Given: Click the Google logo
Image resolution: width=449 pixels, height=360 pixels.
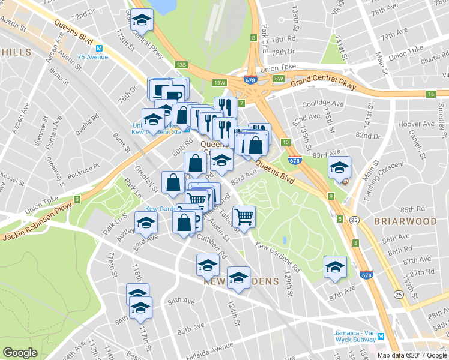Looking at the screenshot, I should coord(20,353).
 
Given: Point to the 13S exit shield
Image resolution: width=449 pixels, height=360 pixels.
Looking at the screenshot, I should coord(181,64).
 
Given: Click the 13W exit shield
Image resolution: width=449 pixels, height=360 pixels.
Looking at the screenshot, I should coord(219,83).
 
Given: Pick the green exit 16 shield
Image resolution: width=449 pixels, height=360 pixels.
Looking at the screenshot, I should coord(430,94).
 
